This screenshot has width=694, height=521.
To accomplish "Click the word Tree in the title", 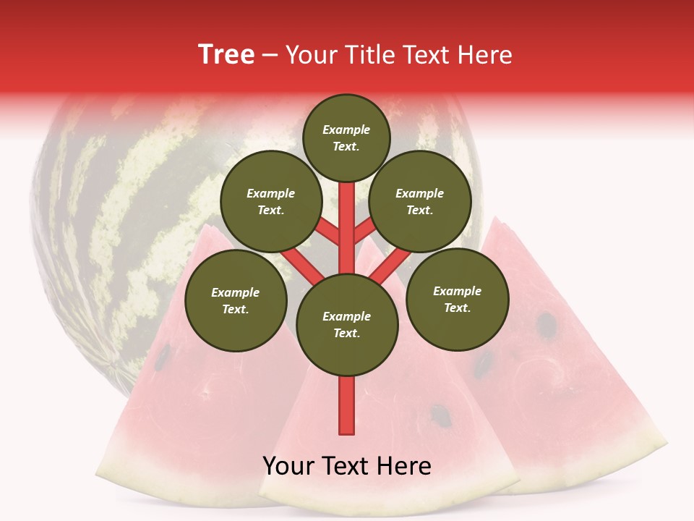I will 226,55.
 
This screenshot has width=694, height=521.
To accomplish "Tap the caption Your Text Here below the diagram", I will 346,466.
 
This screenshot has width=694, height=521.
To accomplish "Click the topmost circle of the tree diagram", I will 346,137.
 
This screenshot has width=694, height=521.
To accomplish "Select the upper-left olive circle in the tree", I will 271,201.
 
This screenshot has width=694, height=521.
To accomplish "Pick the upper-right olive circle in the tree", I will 420,201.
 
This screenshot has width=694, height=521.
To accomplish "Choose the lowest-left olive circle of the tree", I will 236,300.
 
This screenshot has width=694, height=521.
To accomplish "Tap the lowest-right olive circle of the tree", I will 458,299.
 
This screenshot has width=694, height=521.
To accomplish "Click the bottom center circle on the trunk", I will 347,324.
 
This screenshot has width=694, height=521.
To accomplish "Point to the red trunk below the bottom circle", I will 347,405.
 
